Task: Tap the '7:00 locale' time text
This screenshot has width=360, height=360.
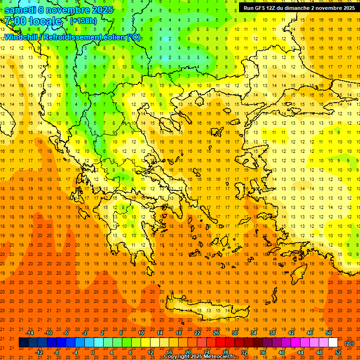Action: pos(33,21)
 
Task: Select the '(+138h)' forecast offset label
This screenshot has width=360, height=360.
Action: pos(83,21)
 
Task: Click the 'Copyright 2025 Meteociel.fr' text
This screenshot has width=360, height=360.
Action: pos(199,357)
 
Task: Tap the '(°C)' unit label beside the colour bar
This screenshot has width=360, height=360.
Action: pos(349,343)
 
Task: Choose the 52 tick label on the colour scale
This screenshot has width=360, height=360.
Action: pos(338,352)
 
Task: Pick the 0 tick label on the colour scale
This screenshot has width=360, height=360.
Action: pos(93,352)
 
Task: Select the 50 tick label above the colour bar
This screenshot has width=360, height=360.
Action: pos(329,333)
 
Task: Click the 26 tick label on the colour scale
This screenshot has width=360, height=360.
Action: pos(216,333)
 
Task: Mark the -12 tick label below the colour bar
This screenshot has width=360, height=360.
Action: pos(39,352)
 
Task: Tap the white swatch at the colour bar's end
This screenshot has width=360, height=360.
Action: pos(333,343)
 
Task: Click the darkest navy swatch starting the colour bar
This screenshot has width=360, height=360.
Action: pos(23,343)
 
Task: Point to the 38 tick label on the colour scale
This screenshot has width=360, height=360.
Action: pos(272,333)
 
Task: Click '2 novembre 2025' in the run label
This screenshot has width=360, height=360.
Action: pos(331,8)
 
